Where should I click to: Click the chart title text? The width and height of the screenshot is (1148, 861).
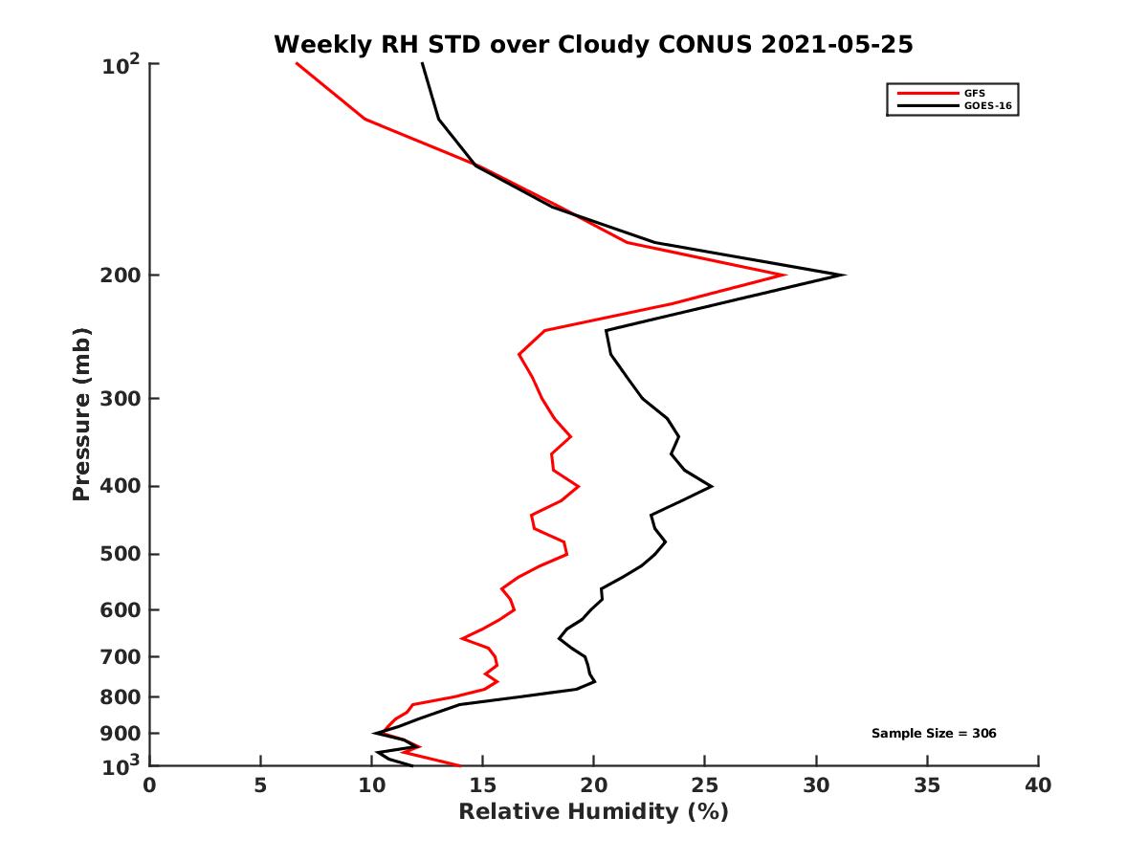click(593, 44)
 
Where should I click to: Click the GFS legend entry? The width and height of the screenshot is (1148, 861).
click(975, 94)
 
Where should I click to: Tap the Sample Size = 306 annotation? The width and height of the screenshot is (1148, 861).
click(934, 733)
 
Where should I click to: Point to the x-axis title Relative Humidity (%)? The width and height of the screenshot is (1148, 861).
click(593, 812)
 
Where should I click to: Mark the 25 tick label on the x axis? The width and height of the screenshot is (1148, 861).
click(705, 786)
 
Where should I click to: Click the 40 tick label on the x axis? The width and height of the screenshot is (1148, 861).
click(1038, 786)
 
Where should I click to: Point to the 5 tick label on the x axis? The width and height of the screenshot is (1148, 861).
click(260, 786)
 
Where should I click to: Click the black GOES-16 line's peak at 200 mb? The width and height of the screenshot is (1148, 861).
click(843, 276)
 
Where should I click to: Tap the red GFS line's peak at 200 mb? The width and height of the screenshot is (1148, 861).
click(784, 276)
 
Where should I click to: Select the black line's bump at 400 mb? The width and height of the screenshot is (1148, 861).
click(711, 486)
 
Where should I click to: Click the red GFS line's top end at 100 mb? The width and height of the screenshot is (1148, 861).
click(298, 64)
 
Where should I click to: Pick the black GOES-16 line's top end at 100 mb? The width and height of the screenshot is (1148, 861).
click(422, 64)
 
